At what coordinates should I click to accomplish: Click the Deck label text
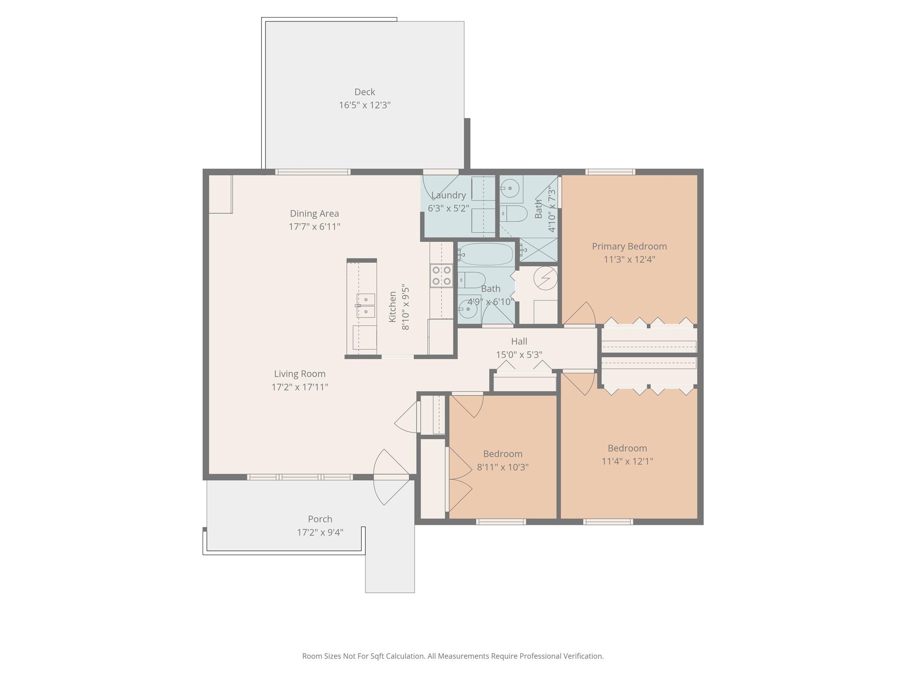[365, 92]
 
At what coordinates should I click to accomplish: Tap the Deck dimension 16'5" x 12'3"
[365, 105]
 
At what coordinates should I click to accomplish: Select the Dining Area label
[314, 214]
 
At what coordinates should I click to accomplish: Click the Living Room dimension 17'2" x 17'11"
[299, 387]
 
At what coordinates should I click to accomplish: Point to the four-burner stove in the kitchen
[441, 275]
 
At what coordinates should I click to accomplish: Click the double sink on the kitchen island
[366, 305]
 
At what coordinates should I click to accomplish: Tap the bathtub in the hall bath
[486, 254]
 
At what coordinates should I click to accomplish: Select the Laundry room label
[448, 195]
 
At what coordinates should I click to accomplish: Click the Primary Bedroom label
[629, 246]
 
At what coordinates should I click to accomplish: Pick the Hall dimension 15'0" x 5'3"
[519, 355]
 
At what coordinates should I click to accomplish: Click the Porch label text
[320, 519]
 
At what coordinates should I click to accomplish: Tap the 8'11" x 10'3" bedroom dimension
[503, 467]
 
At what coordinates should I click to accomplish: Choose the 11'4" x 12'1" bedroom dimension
[627, 462]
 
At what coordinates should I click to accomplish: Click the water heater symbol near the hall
[545, 278]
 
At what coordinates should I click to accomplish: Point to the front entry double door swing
[391, 477]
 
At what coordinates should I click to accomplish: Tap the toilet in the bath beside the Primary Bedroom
[514, 214]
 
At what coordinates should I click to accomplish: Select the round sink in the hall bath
[467, 309]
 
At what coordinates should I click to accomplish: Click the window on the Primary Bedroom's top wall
[610, 172]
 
